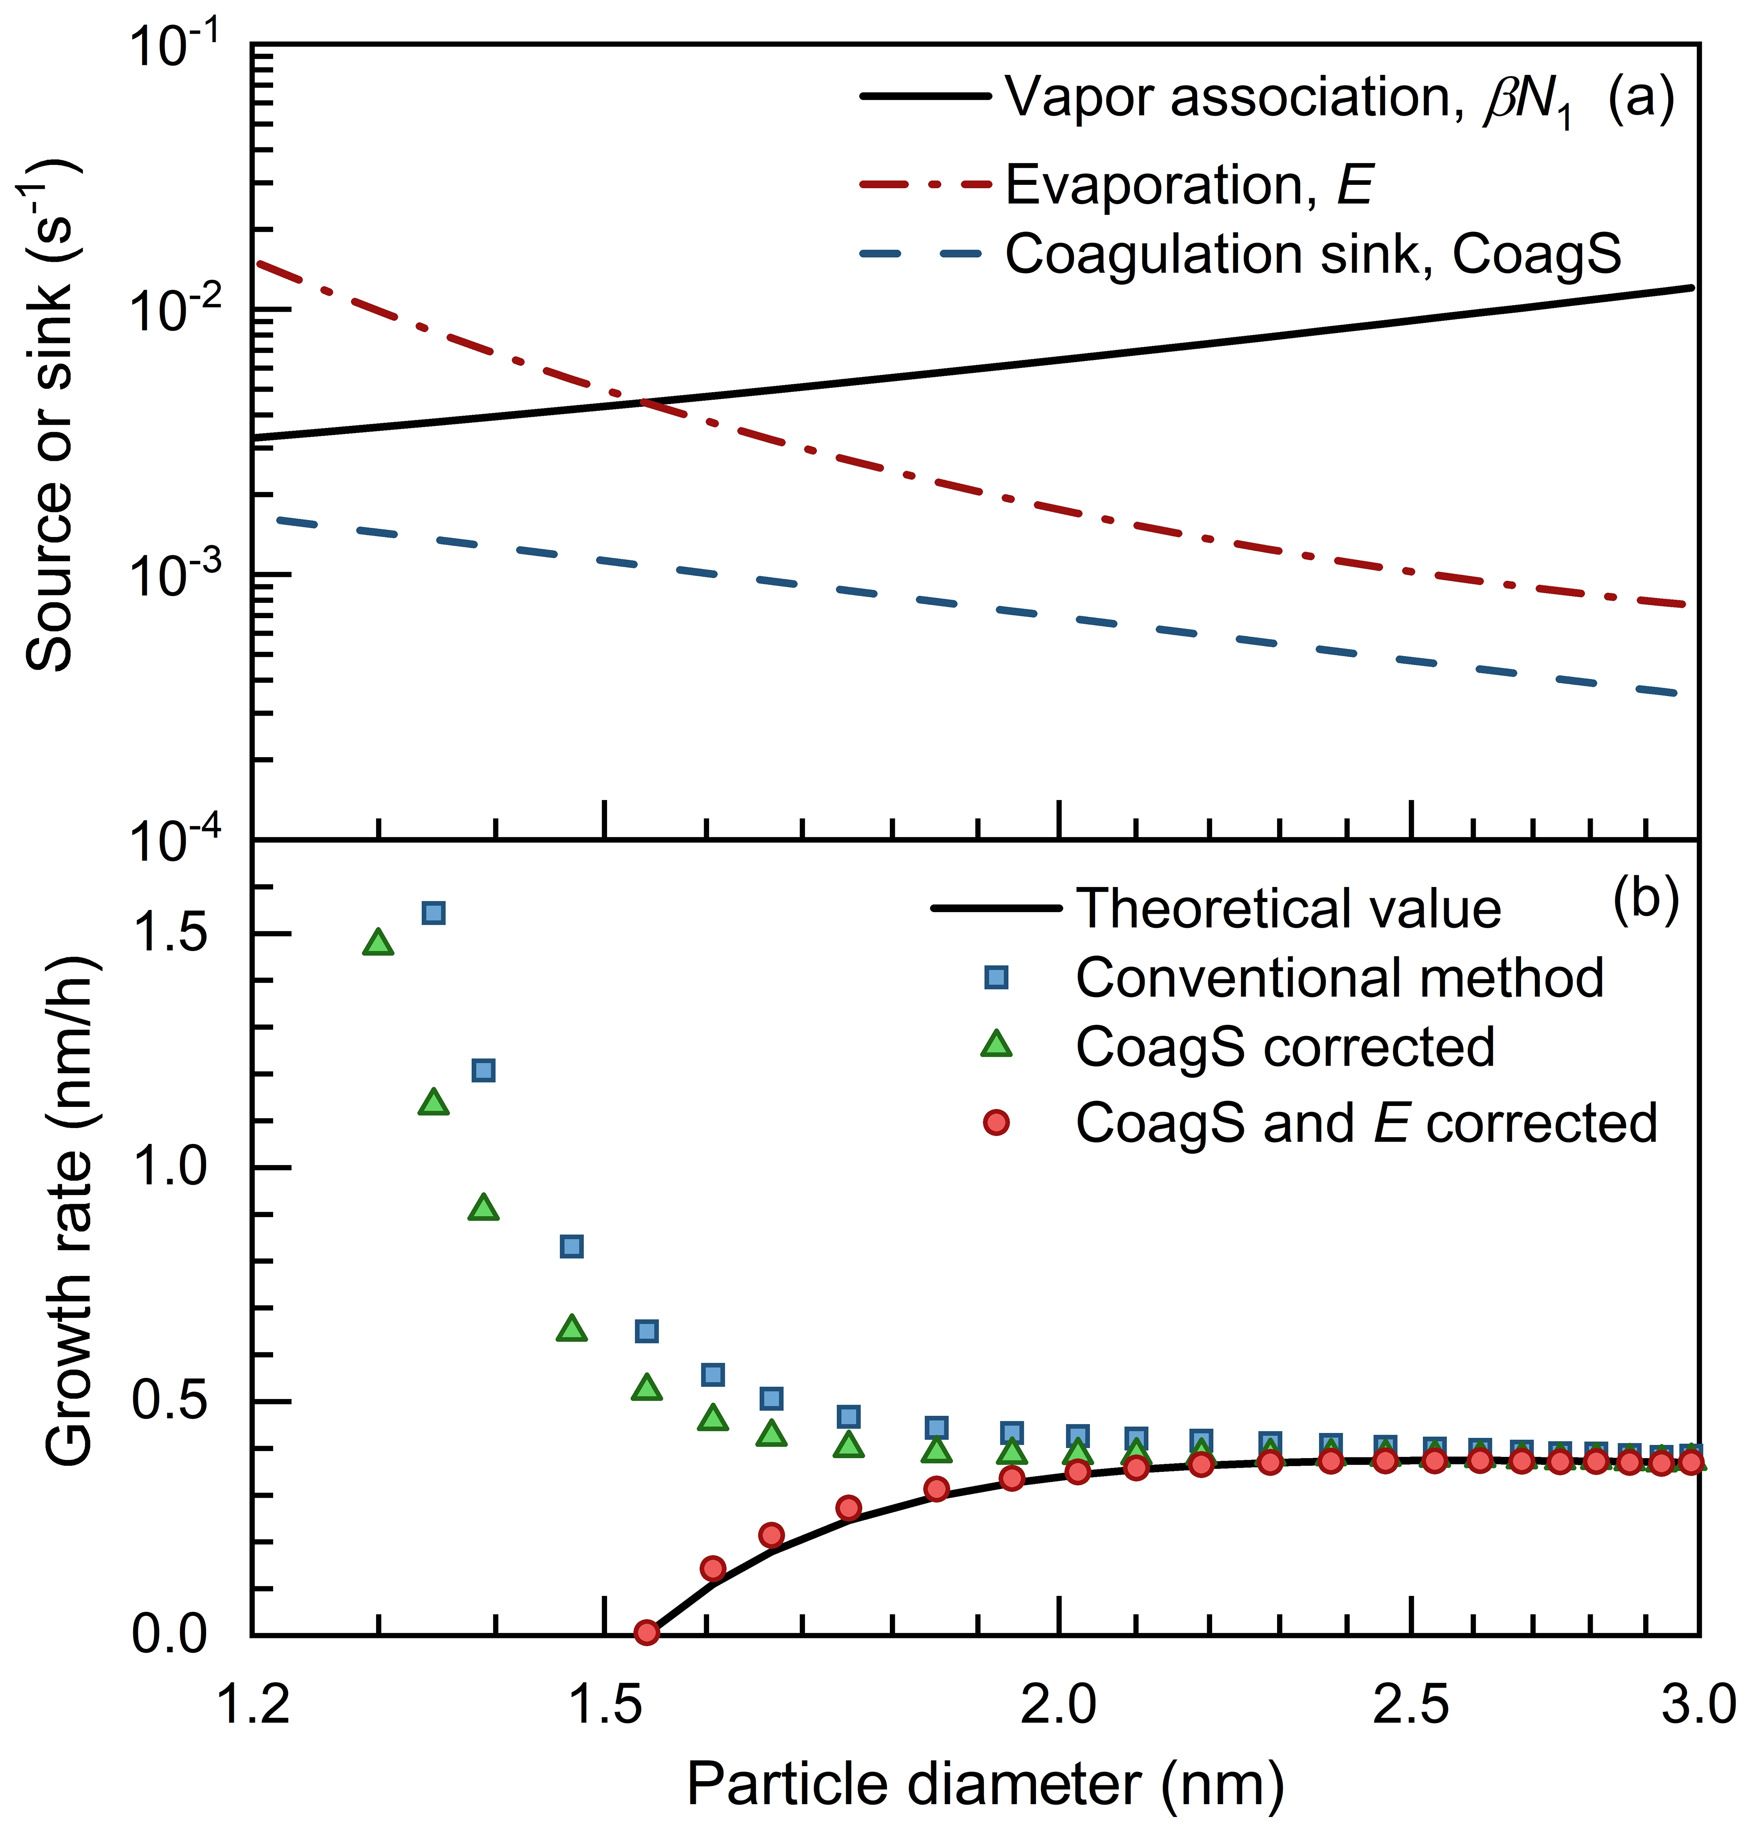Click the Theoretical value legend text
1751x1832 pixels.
[1288, 908]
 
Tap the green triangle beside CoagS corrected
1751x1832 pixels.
[997, 1045]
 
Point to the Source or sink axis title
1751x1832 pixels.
[51, 415]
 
